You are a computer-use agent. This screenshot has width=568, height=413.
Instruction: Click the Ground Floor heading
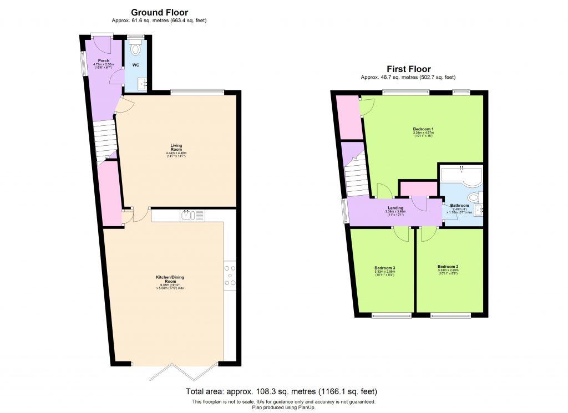click(x=159, y=12)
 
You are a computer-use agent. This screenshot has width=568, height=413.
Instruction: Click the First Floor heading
click(x=408, y=69)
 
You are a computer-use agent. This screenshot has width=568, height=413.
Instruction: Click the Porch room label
click(x=104, y=60)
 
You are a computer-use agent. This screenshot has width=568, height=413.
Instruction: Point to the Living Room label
click(x=176, y=147)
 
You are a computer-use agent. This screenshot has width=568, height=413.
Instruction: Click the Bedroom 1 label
click(x=423, y=129)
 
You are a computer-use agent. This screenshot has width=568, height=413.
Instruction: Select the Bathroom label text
click(x=459, y=205)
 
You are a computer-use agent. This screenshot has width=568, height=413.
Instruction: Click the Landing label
click(x=395, y=208)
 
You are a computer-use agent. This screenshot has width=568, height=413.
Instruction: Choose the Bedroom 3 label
click(x=384, y=268)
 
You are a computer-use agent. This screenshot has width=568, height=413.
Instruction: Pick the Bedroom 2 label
click(x=448, y=267)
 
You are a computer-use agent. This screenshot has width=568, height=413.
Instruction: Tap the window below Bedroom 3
click(x=392, y=316)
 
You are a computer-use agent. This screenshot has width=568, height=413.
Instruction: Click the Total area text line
click(x=283, y=391)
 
